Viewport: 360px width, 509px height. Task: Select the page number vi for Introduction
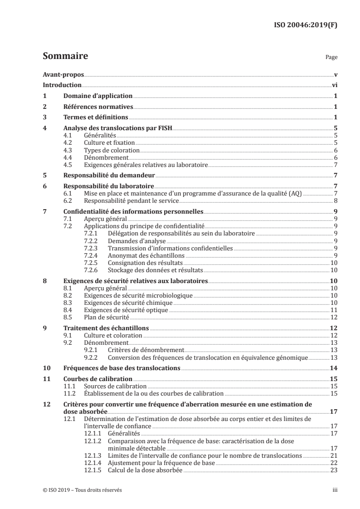pyautogui.click(x=334, y=85)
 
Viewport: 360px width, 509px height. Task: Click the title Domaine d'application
pyautogui.click(x=97, y=96)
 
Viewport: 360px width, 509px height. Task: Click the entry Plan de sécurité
pyautogui.click(x=107, y=317)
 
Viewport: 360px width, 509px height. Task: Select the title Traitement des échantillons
pyautogui.click(x=106, y=328)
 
